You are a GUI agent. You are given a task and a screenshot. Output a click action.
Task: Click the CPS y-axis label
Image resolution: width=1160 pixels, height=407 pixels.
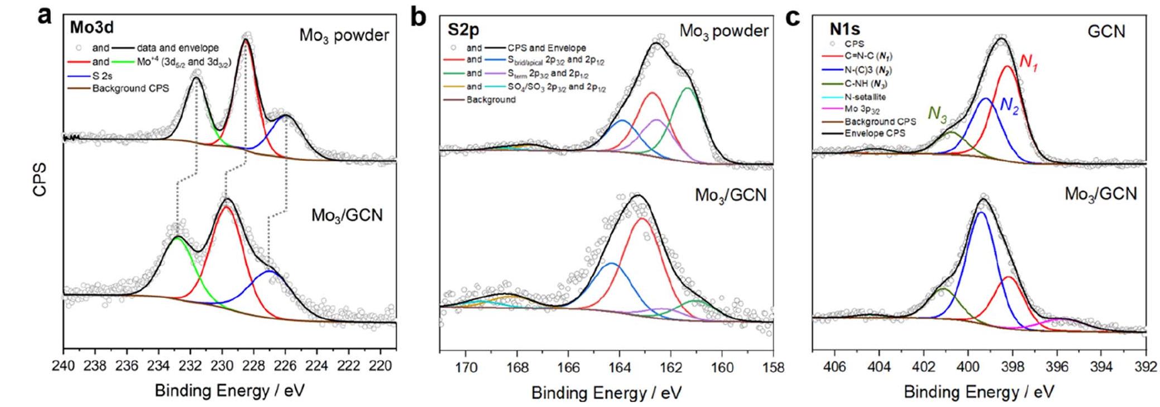40,180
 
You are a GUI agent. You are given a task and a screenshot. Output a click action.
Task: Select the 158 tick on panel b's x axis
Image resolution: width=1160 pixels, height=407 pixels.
773,368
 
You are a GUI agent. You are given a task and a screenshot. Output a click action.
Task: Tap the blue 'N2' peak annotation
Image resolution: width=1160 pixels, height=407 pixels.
1009,106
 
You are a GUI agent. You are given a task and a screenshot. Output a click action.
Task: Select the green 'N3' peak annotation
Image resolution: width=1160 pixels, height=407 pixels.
937,113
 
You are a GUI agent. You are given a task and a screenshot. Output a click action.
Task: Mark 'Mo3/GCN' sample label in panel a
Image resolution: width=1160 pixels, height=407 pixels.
347,215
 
